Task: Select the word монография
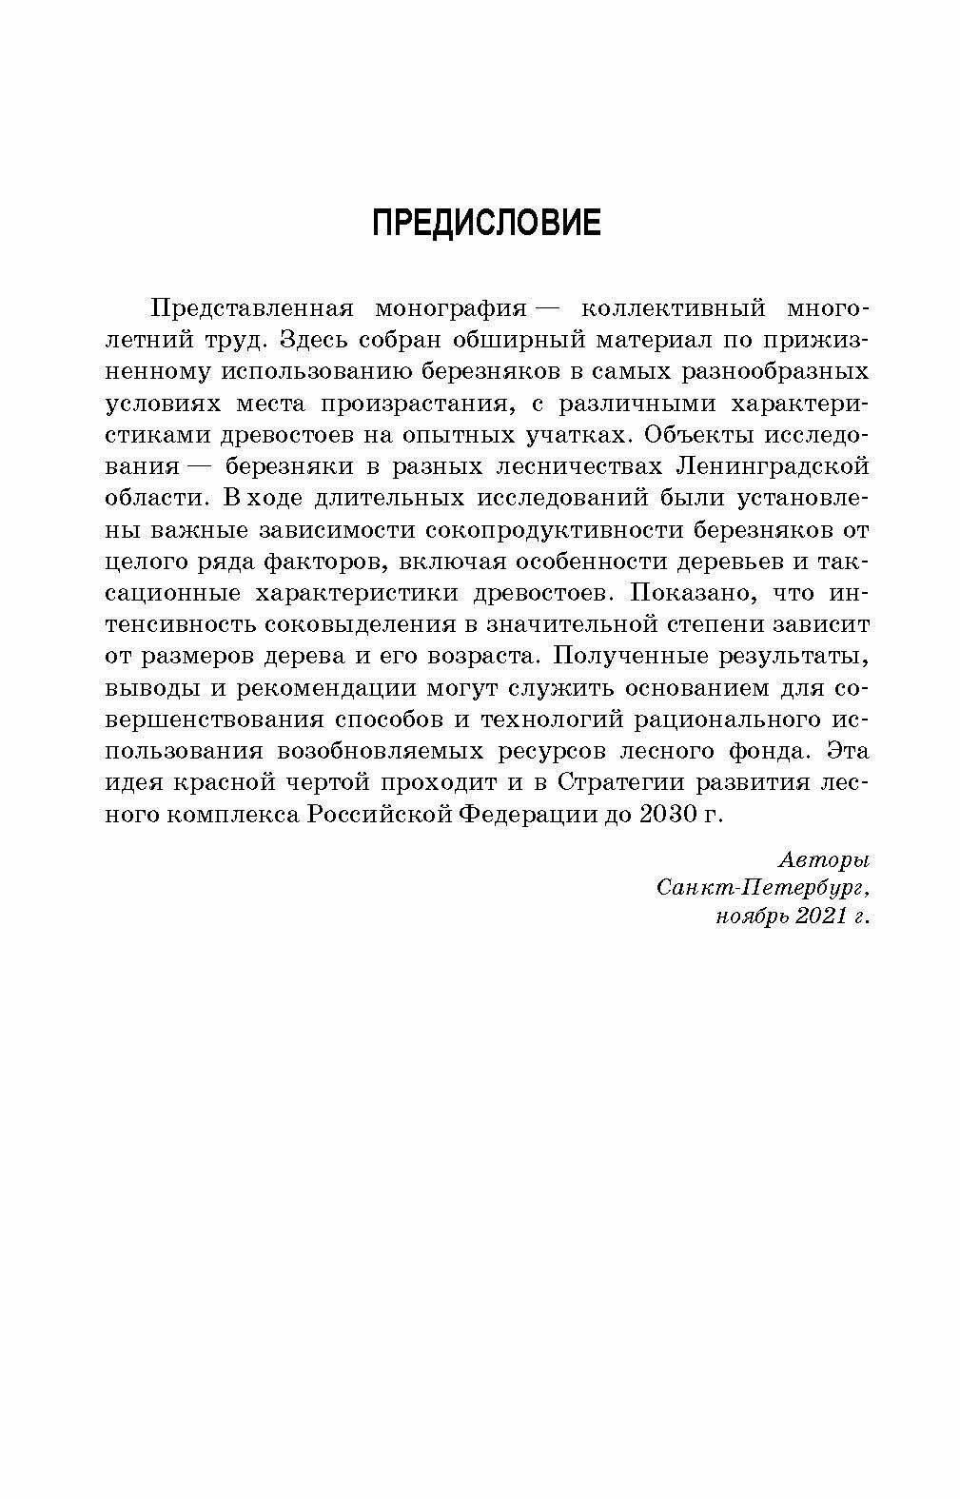[x=450, y=309]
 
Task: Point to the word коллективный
[x=673, y=309]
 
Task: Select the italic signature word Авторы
[x=824, y=860]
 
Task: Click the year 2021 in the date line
[x=815, y=917]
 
